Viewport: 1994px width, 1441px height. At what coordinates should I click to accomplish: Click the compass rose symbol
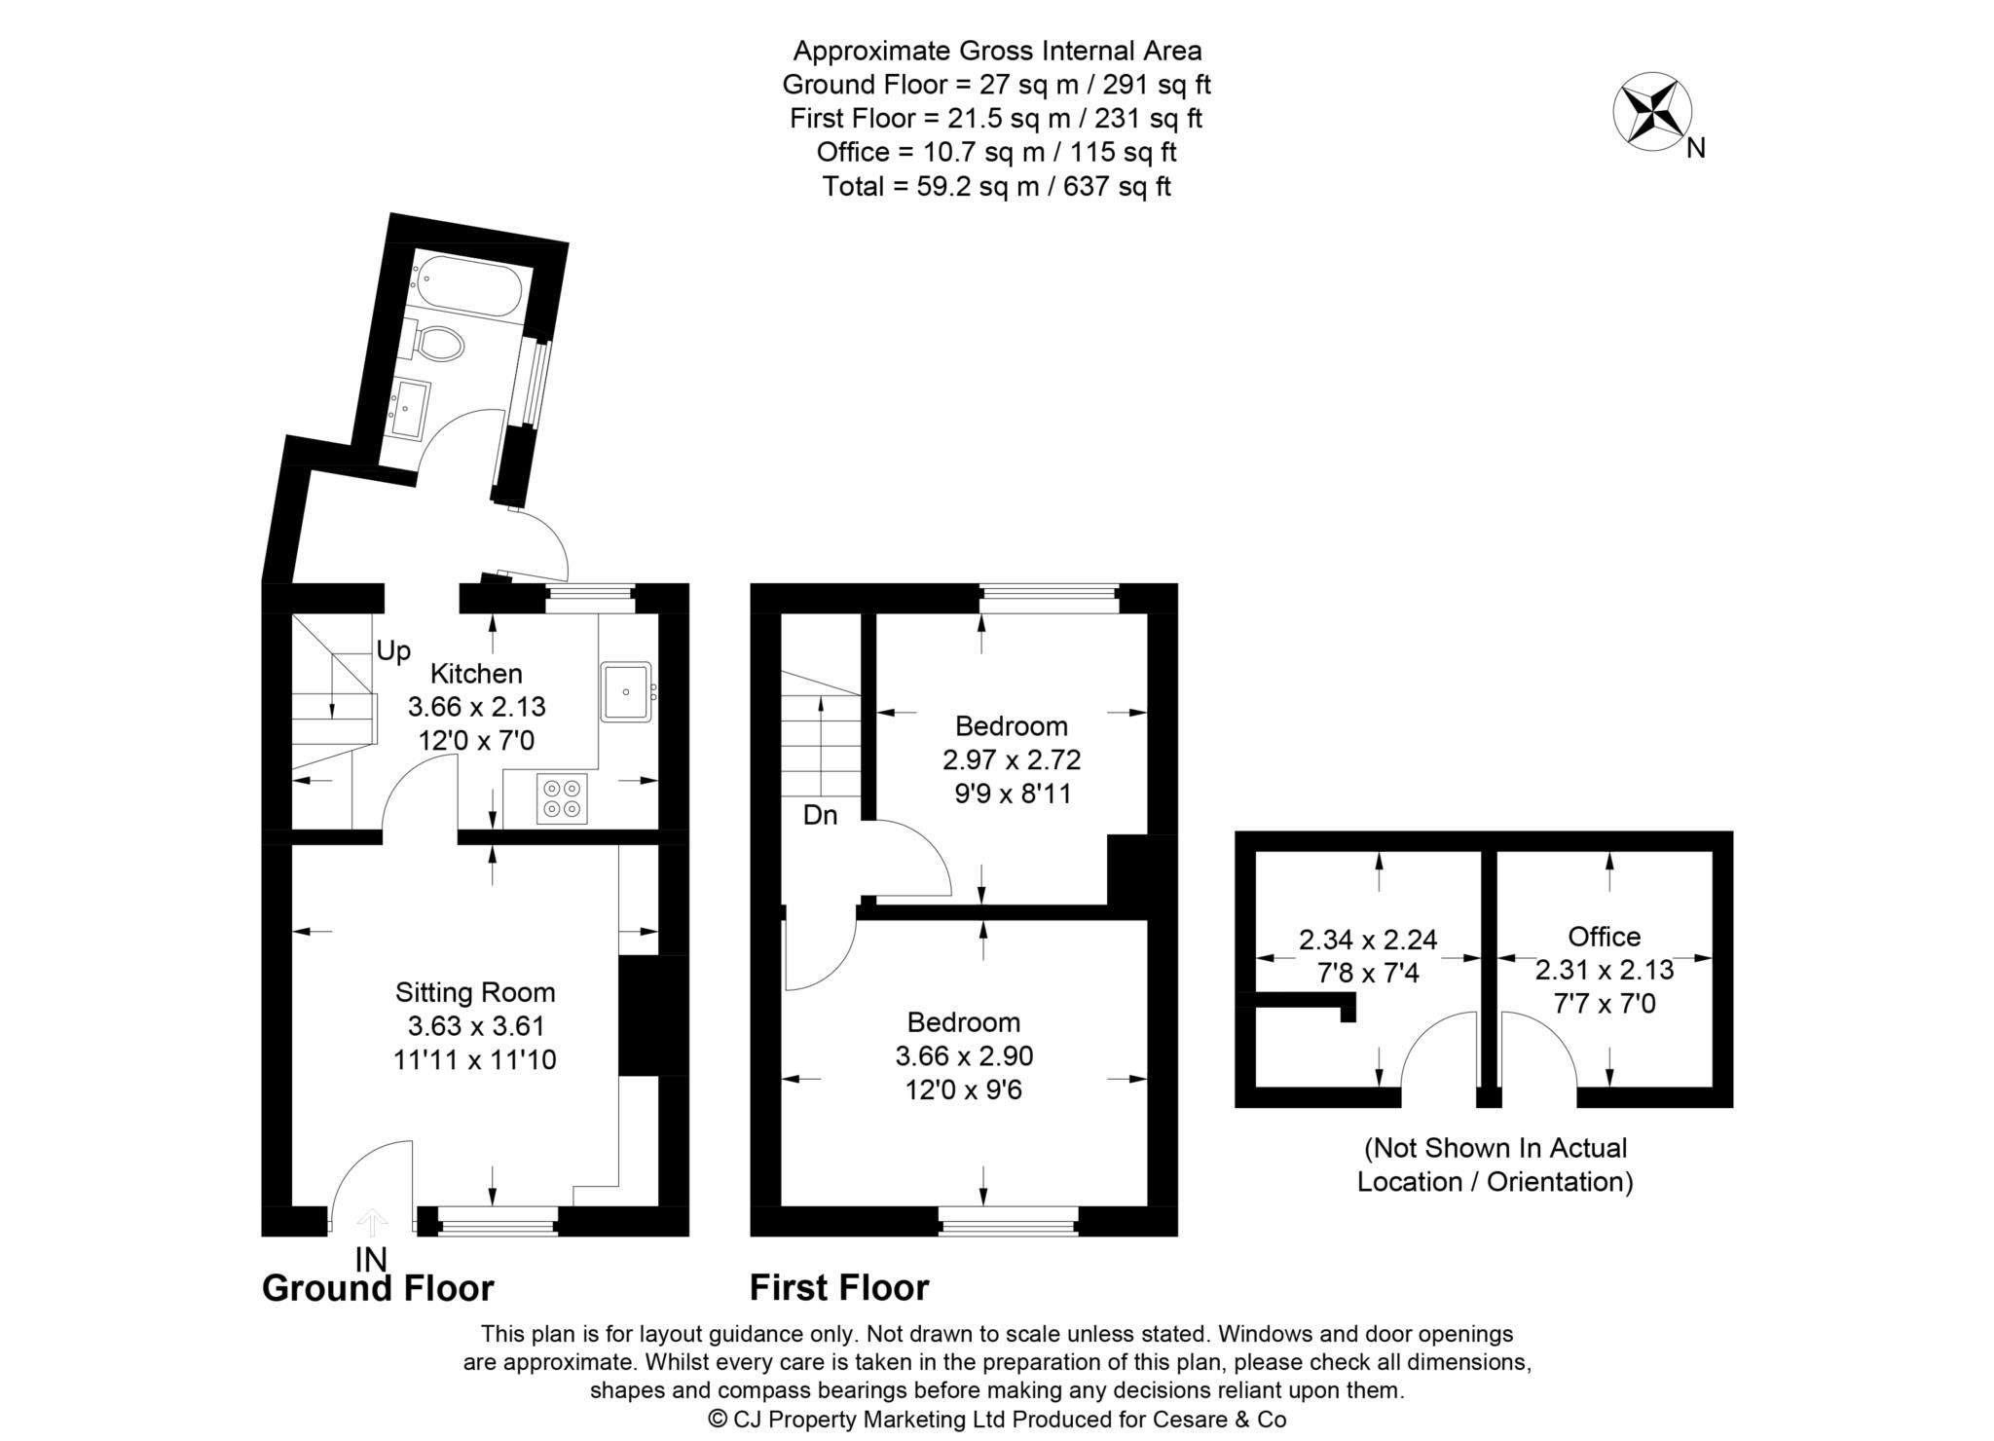tap(1651, 111)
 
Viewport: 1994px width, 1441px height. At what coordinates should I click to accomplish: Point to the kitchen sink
tap(626, 691)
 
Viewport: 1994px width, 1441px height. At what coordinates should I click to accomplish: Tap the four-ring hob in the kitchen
tap(562, 797)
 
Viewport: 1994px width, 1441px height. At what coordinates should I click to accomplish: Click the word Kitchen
tap(476, 674)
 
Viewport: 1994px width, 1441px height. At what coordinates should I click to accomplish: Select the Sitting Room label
tap(475, 992)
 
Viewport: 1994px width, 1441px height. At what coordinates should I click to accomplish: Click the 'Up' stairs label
tap(393, 651)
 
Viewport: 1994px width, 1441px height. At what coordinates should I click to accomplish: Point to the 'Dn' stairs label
tap(820, 815)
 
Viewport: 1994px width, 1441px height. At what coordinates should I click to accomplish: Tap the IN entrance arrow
tap(372, 1223)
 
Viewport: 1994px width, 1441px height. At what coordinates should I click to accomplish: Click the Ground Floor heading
tap(378, 1288)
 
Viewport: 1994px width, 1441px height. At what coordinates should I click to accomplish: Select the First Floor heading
tap(838, 1288)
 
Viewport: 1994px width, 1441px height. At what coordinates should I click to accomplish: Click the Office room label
tap(1604, 937)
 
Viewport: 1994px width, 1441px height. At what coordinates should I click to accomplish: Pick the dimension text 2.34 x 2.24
tap(1368, 940)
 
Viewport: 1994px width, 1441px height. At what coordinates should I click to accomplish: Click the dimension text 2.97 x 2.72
tap(1012, 759)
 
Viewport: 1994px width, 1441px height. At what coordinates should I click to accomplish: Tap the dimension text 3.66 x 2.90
tap(964, 1055)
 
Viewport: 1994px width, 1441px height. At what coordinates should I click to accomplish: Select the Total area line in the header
tap(996, 186)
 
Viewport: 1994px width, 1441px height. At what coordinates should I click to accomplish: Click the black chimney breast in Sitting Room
tap(640, 1016)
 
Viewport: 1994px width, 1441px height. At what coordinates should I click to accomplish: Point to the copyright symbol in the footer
tap(718, 1420)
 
